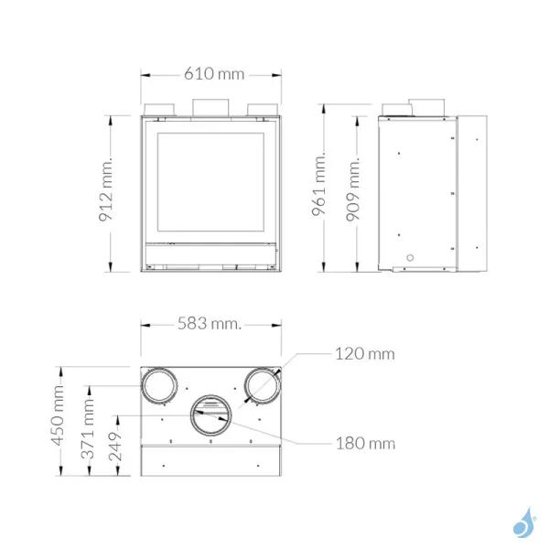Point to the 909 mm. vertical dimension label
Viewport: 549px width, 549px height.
[357, 193]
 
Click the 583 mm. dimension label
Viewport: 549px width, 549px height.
[210, 324]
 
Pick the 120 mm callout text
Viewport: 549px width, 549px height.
[363, 353]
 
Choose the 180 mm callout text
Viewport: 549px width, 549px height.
[364, 444]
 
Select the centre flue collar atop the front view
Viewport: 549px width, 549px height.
[211, 106]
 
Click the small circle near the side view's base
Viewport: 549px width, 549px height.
[409, 256]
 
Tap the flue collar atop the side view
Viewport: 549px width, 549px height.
[424, 106]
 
